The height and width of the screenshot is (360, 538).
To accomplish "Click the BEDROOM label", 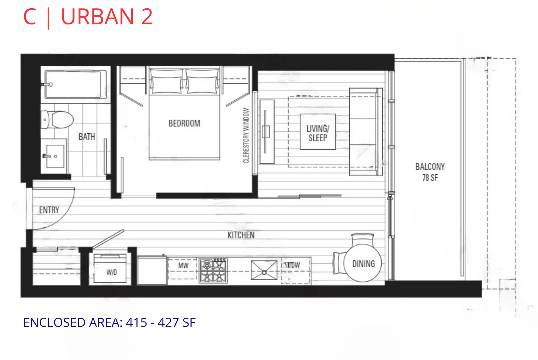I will click(184, 123).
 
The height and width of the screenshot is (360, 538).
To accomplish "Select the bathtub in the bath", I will click(73, 84).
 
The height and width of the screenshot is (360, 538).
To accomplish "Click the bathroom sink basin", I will click(55, 156).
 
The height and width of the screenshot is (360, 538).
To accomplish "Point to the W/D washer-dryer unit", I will click(110, 269).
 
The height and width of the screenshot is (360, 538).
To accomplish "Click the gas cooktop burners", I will click(213, 271).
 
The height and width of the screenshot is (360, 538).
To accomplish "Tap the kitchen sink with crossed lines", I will click(264, 270).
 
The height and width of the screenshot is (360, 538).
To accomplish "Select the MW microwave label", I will click(183, 266).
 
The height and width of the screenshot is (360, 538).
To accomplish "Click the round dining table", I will click(363, 263).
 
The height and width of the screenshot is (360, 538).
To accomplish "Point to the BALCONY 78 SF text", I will click(430, 172).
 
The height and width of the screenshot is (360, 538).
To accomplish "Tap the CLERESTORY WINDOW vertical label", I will click(246, 135).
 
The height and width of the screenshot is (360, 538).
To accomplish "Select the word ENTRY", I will click(49, 210).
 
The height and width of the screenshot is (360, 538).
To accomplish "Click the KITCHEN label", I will click(241, 235).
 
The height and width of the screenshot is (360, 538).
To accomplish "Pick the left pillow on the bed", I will click(166, 84).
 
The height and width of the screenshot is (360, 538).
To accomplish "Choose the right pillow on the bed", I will click(202, 84).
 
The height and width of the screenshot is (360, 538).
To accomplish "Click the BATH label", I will click(87, 137).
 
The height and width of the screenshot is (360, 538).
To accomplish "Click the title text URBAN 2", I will click(107, 17).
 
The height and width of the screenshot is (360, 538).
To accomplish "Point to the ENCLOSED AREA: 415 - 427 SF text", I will click(109, 322).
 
